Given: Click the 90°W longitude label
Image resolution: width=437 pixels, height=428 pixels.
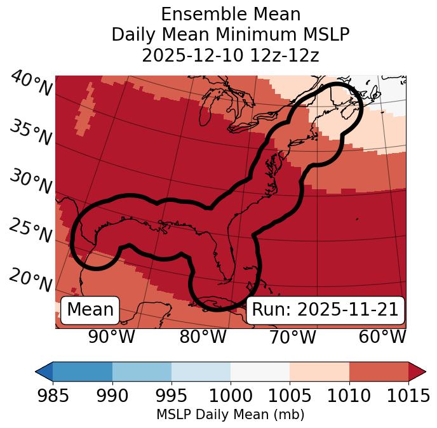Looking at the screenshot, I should [111, 337].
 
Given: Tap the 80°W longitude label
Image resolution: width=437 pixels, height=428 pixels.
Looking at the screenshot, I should [203, 337].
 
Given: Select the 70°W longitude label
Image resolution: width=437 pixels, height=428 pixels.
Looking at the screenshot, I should [293, 337].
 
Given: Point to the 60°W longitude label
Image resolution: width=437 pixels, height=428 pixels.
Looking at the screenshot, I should [382, 337].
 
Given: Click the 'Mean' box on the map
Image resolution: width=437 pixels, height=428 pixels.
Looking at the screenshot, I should [90, 310].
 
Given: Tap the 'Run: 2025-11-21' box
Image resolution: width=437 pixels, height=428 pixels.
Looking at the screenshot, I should [325, 310].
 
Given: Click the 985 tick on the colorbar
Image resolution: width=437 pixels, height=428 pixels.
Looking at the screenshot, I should [53, 396].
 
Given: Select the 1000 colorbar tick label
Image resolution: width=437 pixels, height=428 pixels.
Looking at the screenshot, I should [231, 396].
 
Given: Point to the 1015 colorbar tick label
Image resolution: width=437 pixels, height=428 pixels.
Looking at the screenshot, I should [408, 396].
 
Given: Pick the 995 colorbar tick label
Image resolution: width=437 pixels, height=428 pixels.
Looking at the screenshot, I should [171, 396].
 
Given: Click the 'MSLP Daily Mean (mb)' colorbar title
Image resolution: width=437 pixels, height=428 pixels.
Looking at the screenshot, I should [230, 415].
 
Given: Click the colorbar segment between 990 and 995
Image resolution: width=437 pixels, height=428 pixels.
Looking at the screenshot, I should [142, 371].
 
